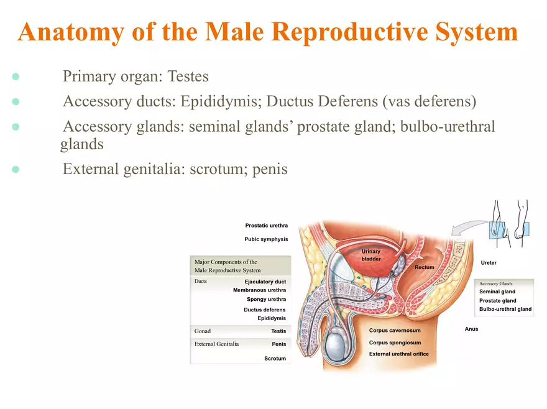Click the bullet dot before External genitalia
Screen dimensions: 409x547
pos(16,169)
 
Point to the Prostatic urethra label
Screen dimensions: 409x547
pos(266,225)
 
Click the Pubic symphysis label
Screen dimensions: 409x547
pos(266,239)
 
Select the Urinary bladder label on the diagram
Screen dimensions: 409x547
pos(370,255)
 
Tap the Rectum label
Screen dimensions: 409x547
pos(424,267)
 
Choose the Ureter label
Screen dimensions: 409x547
pos(489,263)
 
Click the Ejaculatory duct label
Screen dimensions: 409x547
pos(265,282)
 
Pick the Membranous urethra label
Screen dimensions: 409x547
pos(259,290)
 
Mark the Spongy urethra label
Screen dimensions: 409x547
pos(266,300)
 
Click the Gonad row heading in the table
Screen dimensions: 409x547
pos(203,331)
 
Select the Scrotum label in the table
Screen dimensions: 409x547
pos(275,359)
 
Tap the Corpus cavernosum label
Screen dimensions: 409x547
pos(395,331)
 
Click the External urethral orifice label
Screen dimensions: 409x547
pos(398,354)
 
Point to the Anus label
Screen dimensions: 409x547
pos(471,329)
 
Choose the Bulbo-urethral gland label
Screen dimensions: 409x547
pos(505,309)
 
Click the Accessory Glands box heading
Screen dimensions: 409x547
pos(495,283)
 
